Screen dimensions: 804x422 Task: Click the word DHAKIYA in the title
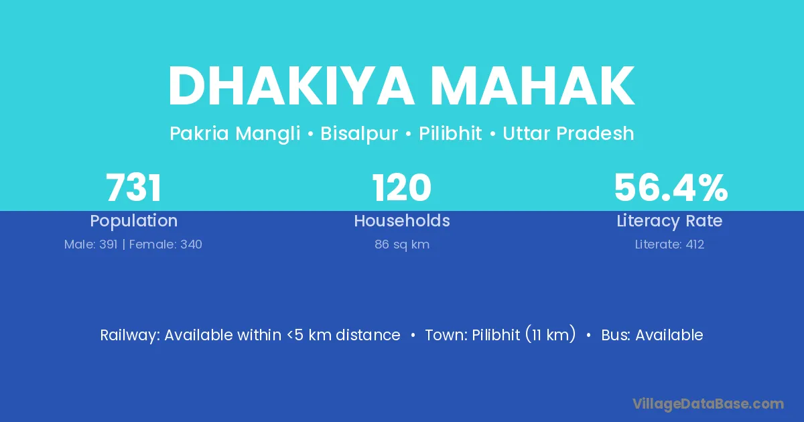(x=291, y=86)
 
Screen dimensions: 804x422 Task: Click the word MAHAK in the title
(x=533, y=86)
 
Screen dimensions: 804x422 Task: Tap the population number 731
(x=133, y=188)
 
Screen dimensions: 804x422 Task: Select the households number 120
(x=401, y=188)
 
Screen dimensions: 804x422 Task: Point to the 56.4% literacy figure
(x=671, y=188)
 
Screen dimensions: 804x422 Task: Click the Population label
(x=133, y=221)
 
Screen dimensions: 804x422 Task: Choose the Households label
(x=401, y=220)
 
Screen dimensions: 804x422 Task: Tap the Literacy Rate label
(x=669, y=221)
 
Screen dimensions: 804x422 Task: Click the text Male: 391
(x=91, y=244)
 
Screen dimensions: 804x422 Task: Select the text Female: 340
(x=165, y=244)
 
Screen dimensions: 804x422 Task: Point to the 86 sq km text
(x=402, y=244)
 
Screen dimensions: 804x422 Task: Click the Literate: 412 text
(x=669, y=244)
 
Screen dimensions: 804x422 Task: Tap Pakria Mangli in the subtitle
(x=235, y=133)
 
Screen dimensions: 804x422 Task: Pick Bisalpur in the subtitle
(x=359, y=133)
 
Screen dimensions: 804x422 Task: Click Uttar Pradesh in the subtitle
(x=569, y=133)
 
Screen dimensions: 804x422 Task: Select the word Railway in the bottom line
(x=130, y=335)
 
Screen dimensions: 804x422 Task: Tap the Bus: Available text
(x=652, y=335)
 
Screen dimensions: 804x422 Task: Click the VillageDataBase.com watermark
(x=708, y=404)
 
